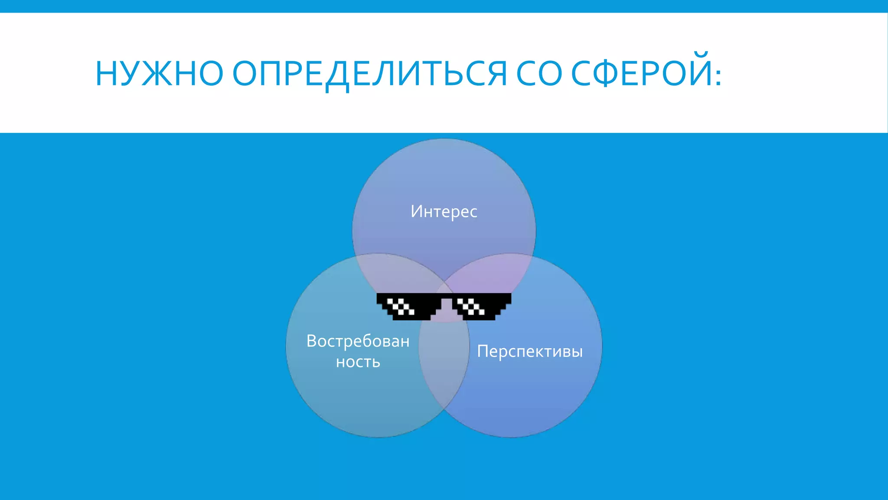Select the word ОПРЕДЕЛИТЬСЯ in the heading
click(x=369, y=74)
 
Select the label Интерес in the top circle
click(x=444, y=212)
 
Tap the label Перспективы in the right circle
click(x=529, y=351)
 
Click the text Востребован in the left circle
click(x=358, y=341)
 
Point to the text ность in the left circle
click(x=358, y=362)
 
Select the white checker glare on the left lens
click(x=400, y=306)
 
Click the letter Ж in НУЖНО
click(x=150, y=74)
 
